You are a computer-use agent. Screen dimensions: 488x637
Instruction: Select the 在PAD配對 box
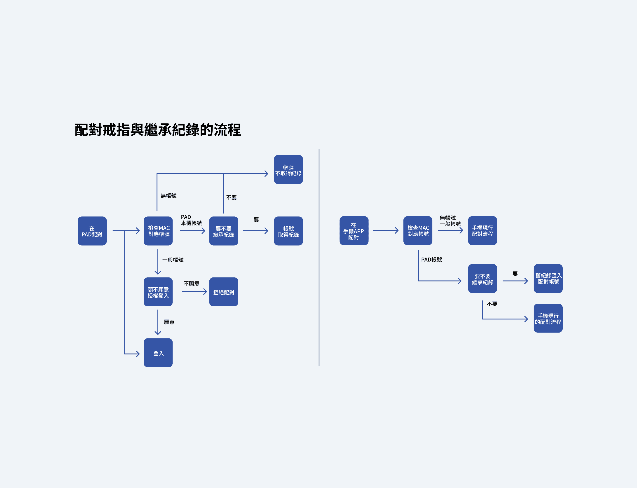(x=92, y=231)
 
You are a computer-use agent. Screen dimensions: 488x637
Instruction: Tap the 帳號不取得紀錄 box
(x=288, y=169)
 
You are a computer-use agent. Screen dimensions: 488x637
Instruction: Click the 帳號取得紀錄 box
(x=288, y=231)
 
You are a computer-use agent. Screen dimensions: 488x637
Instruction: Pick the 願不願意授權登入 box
(x=158, y=292)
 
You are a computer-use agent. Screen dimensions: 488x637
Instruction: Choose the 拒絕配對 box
(x=224, y=292)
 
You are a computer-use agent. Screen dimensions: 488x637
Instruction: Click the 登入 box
(x=158, y=353)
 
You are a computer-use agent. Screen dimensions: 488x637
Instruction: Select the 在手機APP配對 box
(x=354, y=231)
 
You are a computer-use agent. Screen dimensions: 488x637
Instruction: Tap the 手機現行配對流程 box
(x=482, y=231)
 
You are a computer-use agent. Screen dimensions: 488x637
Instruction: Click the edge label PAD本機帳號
(x=191, y=220)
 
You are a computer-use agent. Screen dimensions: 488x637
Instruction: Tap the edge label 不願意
(x=191, y=284)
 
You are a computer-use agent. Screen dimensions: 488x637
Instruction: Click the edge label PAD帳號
(x=431, y=259)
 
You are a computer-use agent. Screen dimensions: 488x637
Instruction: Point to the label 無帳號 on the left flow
(x=169, y=196)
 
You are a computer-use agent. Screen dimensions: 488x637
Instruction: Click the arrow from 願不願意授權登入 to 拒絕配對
(x=194, y=292)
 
